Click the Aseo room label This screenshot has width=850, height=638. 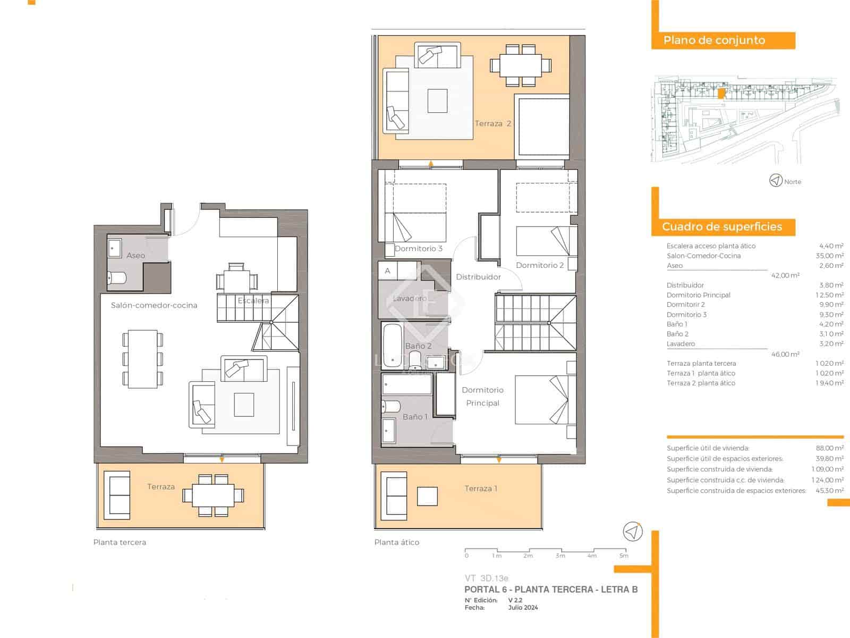click(x=135, y=255)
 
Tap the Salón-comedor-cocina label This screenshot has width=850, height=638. click(x=154, y=305)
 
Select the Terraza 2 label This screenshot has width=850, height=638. click(x=492, y=123)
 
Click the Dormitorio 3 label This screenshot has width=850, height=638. click(x=419, y=248)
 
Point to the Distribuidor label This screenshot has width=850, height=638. click(x=478, y=276)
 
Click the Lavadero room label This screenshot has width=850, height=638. click(x=410, y=298)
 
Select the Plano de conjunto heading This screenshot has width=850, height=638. click(x=714, y=40)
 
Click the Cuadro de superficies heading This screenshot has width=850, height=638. click(x=721, y=227)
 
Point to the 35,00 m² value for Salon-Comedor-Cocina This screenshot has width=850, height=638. click(x=831, y=256)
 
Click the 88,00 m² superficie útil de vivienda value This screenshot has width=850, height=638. click(x=829, y=448)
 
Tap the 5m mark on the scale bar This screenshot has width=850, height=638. click(x=624, y=556)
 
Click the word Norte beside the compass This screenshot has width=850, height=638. click(x=792, y=182)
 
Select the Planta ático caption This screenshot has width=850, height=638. click(x=396, y=542)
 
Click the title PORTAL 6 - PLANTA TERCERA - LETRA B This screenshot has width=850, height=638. click(x=550, y=589)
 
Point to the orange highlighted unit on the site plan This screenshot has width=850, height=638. click(x=720, y=94)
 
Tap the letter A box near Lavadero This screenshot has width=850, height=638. click(x=388, y=271)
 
